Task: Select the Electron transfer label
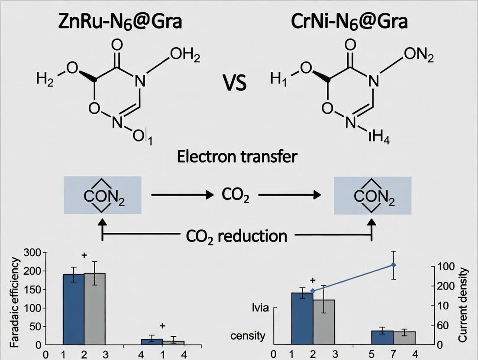237,156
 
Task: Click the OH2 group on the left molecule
185,56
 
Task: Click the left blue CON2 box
102,195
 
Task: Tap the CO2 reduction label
236,236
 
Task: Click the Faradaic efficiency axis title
15,303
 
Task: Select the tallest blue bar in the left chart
74,309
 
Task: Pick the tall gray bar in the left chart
94,309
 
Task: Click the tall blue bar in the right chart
302,318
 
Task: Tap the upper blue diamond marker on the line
394,265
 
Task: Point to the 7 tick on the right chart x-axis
394,354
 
